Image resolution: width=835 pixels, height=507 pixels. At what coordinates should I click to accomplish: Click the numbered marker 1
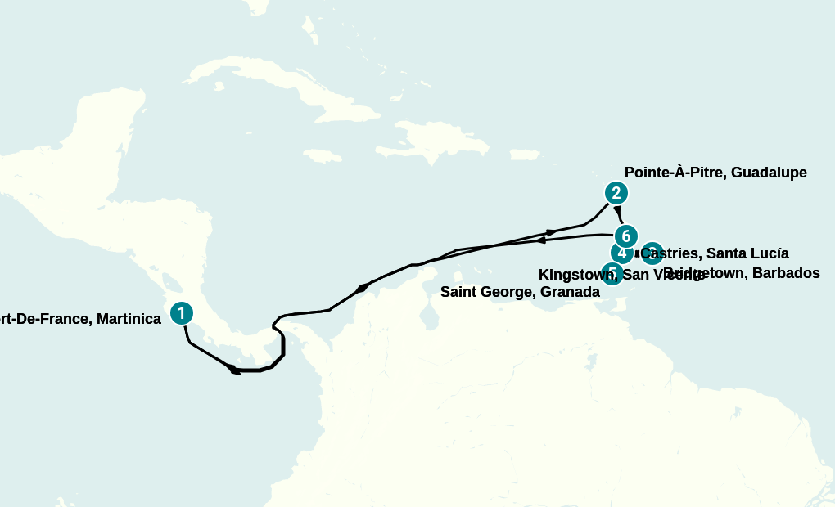coord(181,312)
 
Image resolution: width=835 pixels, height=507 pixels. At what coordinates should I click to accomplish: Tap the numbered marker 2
coord(616,193)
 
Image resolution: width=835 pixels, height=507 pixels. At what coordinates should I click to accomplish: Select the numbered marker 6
coord(625,236)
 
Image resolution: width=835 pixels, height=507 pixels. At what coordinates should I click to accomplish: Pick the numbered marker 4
coord(621,253)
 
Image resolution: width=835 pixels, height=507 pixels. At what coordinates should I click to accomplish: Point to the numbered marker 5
coord(612,273)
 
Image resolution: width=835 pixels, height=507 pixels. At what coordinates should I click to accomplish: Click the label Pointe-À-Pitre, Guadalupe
coord(715,173)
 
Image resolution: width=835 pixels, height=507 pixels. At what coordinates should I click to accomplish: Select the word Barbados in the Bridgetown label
coord(783,273)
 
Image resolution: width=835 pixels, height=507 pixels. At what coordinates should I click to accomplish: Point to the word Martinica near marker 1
coord(129,319)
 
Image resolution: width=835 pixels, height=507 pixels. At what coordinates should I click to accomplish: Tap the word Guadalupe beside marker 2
coord(769,173)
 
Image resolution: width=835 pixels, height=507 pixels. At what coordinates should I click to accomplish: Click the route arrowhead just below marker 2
coord(617,210)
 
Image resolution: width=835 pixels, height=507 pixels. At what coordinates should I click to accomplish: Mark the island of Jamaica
coord(322,155)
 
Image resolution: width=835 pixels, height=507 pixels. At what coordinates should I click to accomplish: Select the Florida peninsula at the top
coord(260,7)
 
